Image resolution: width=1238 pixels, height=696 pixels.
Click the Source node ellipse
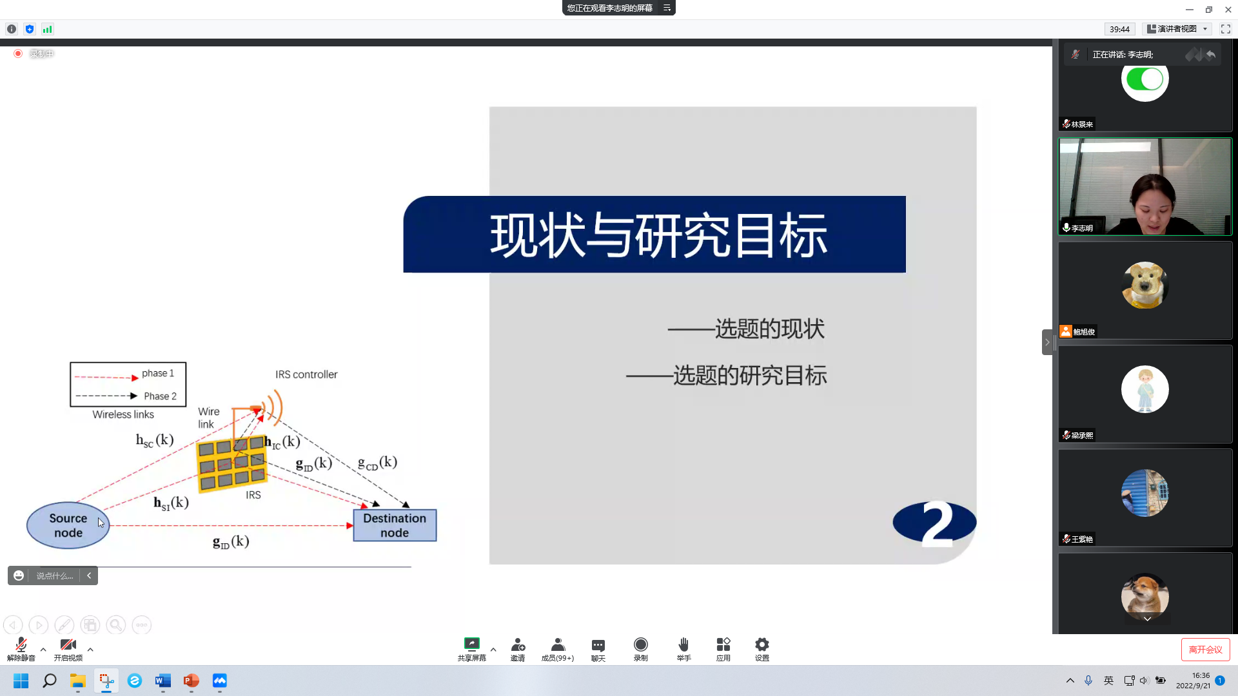[x=68, y=525]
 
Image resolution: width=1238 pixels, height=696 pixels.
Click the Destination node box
[x=395, y=525]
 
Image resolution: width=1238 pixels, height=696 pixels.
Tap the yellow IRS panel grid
[x=231, y=464]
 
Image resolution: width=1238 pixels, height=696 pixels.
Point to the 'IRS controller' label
[x=306, y=374]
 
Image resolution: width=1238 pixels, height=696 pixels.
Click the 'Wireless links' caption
[x=123, y=414]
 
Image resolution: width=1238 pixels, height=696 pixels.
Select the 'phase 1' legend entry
[x=157, y=373]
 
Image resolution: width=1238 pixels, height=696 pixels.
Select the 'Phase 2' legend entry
[x=160, y=396]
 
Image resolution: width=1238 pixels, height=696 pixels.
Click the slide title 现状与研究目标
[x=658, y=235]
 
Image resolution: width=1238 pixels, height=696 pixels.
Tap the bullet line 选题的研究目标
[x=749, y=375]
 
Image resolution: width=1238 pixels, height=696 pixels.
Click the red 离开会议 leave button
[x=1205, y=650]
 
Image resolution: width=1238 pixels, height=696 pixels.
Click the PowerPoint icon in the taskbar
[x=192, y=681]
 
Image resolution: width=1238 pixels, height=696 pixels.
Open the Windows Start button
[x=21, y=681]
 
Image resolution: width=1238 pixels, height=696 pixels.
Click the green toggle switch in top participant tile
[x=1145, y=79]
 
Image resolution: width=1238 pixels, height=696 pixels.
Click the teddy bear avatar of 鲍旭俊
[x=1145, y=285]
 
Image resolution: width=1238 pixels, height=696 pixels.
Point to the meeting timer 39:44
[x=1119, y=29]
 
